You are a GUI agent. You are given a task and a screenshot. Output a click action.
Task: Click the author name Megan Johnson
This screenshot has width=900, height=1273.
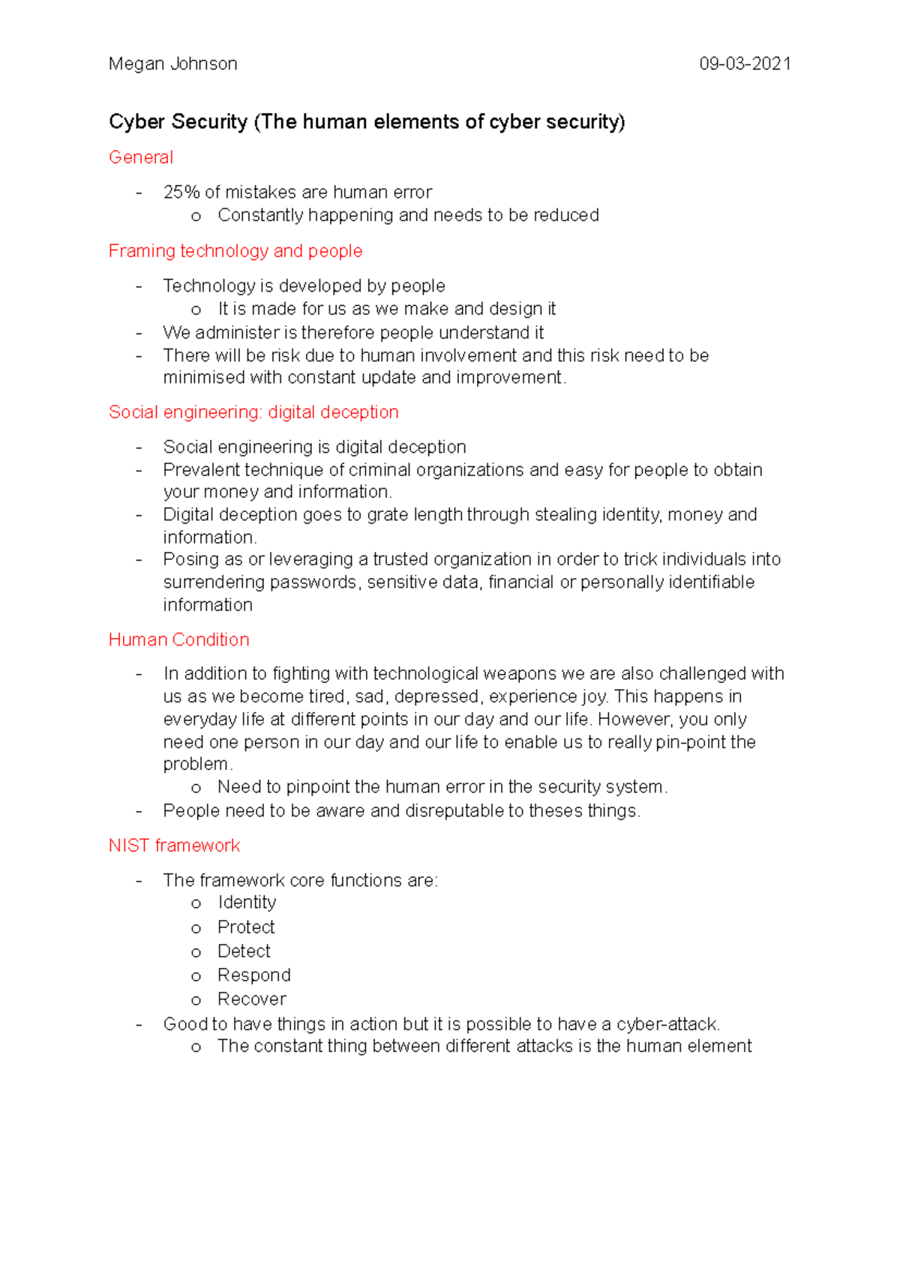click(172, 64)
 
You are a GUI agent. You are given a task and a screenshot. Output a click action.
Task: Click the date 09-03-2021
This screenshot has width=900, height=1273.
click(745, 64)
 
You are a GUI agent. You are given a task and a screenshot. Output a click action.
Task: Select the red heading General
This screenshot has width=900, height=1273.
click(140, 157)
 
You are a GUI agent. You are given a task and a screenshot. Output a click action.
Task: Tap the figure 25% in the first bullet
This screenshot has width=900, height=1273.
click(181, 193)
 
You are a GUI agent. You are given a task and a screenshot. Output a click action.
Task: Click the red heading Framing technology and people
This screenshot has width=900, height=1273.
click(235, 251)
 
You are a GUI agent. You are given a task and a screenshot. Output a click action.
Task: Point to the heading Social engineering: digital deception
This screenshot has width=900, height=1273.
click(253, 412)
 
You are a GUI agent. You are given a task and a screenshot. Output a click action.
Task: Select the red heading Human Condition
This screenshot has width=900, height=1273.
click(178, 639)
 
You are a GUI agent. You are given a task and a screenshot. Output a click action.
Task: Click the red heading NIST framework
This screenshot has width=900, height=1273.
click(174, 846)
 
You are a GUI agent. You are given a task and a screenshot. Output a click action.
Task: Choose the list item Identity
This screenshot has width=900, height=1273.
click(247, 903)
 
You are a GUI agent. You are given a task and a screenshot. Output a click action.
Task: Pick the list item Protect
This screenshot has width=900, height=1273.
click(246, 927)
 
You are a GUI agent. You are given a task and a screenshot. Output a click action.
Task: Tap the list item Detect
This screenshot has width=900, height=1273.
click(244, 951)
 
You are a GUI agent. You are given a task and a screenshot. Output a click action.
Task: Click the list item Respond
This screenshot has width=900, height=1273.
click(253, 975)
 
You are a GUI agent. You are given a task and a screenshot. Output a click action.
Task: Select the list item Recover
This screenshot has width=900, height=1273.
click(251, 999)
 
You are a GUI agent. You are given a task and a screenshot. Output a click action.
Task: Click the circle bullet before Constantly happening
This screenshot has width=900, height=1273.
click(196, 217)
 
